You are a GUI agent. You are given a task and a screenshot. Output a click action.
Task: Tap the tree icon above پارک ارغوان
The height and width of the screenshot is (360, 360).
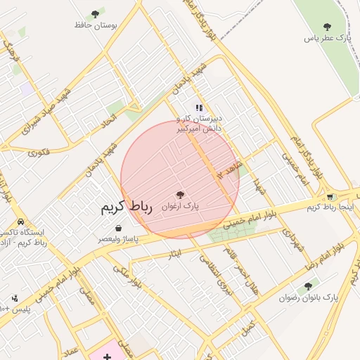[180, 195]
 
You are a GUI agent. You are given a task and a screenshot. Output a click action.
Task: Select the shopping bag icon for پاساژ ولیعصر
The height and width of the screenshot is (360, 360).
[117, 228]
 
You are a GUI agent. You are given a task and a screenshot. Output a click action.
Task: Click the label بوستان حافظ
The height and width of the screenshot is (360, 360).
[96, 25]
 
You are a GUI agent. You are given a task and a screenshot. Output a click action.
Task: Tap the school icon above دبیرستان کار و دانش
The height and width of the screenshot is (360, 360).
[200, 108]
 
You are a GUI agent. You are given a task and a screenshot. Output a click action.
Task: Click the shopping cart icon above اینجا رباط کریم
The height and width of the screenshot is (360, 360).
[330, 196]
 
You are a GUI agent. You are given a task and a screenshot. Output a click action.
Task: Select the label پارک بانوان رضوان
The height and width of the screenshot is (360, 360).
[308, 297]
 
